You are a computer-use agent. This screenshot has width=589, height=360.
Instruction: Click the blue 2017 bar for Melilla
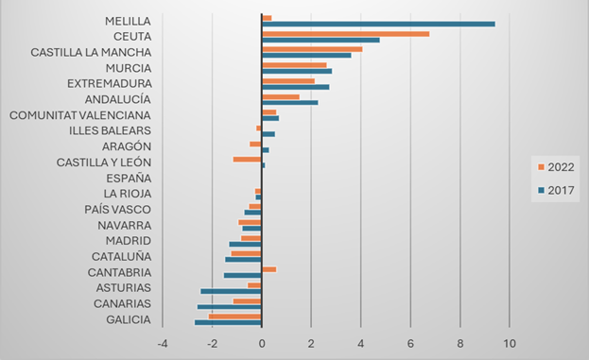coord(378,24)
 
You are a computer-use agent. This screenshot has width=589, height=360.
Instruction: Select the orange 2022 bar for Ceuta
coord(345,33)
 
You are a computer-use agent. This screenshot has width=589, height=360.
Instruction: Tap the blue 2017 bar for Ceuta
coord(320,40)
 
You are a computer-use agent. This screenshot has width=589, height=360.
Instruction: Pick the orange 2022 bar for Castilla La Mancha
coord(312,49)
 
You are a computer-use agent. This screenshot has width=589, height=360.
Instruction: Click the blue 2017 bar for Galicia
coord(228,322)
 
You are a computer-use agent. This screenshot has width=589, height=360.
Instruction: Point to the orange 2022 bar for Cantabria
coord(269,269)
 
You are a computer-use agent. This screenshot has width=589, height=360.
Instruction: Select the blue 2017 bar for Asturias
coord(231,291)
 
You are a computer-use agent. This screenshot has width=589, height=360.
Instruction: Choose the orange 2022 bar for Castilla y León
coord(247,159)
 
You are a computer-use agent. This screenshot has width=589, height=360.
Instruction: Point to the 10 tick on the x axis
coord(510,342)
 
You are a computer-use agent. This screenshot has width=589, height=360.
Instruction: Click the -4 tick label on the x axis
coord(162,342)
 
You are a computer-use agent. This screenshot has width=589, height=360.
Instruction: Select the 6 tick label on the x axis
coord(410,342)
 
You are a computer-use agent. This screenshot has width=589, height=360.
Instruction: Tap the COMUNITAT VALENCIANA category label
coord(79,114)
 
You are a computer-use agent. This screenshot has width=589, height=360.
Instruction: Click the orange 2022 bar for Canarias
coord(247,300)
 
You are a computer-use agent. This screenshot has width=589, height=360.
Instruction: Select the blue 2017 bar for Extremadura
coord(295,87)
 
